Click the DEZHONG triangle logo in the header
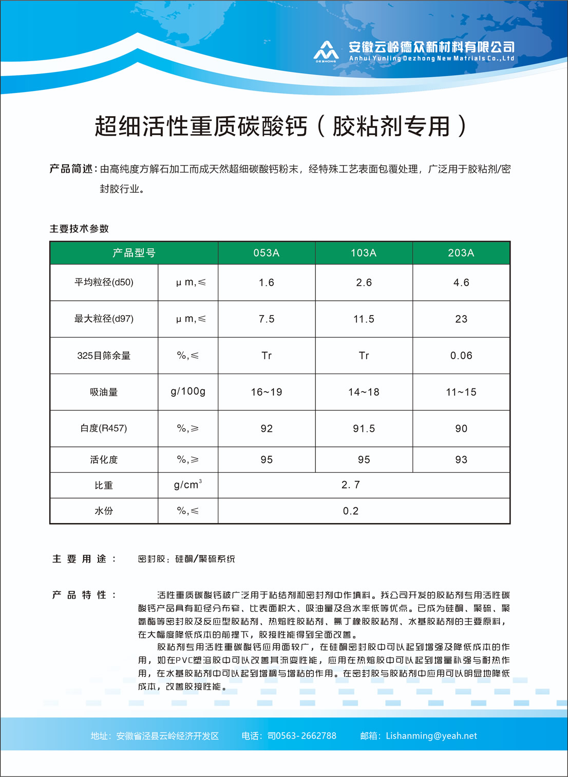(326, 51)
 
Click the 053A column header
(266, 253)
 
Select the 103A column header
(364, 253)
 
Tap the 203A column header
(461, 253)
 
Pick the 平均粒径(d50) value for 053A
(266, 283)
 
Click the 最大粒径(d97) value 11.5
(364, 319)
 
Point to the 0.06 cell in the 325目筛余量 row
(461, 356)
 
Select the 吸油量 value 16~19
(266, 392)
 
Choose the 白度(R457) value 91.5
(364, 429)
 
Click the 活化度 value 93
(461, 459)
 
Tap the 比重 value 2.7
(351, 485)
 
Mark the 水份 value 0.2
(351, 511)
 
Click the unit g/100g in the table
(188, 392)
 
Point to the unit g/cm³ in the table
(188, 485)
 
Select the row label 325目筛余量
(104, 356)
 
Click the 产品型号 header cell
(134, 253)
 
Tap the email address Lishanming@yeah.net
(431, 736)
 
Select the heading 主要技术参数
(79, 229)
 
